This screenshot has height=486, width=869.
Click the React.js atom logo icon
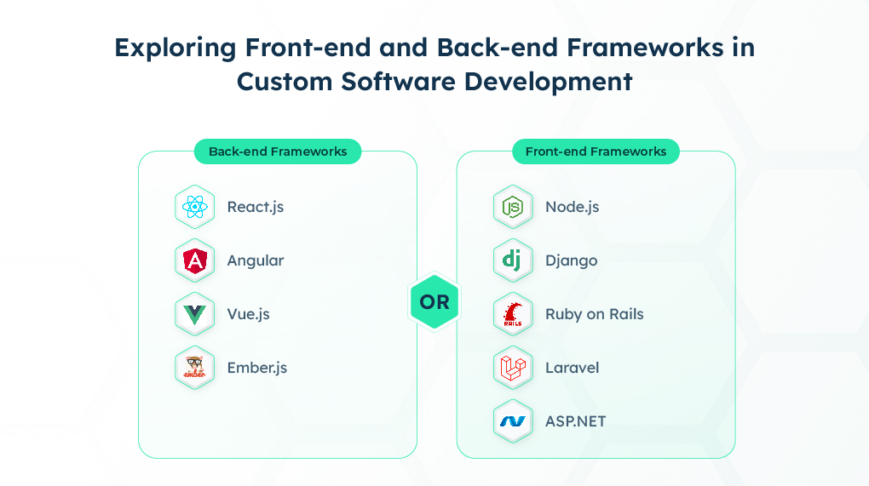point(194,207)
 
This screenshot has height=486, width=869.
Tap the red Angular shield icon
point(194,260)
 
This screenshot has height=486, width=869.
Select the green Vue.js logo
point(194,315)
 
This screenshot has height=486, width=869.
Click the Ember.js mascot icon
point(194,368)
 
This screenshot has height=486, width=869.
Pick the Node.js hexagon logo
point(513,207)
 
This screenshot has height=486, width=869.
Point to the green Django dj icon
point(512,260)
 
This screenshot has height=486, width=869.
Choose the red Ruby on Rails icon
point(513,314)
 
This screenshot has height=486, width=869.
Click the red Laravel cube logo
point(513,368)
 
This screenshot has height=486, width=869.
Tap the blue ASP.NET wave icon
point(513,422)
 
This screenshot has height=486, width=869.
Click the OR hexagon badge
point(434,301)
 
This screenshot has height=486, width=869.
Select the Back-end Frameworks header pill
point(278,152)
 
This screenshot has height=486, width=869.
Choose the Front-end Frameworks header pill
point(596,152)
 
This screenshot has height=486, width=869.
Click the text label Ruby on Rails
point(594,314)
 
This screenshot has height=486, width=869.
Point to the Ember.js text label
point(257,368)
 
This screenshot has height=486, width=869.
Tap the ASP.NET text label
point(575,422)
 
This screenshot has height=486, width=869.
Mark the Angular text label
point(256,261)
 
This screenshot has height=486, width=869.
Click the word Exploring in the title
point(176,49)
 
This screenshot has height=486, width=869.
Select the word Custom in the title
point(285,82)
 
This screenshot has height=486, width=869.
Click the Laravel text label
point(572,368)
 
